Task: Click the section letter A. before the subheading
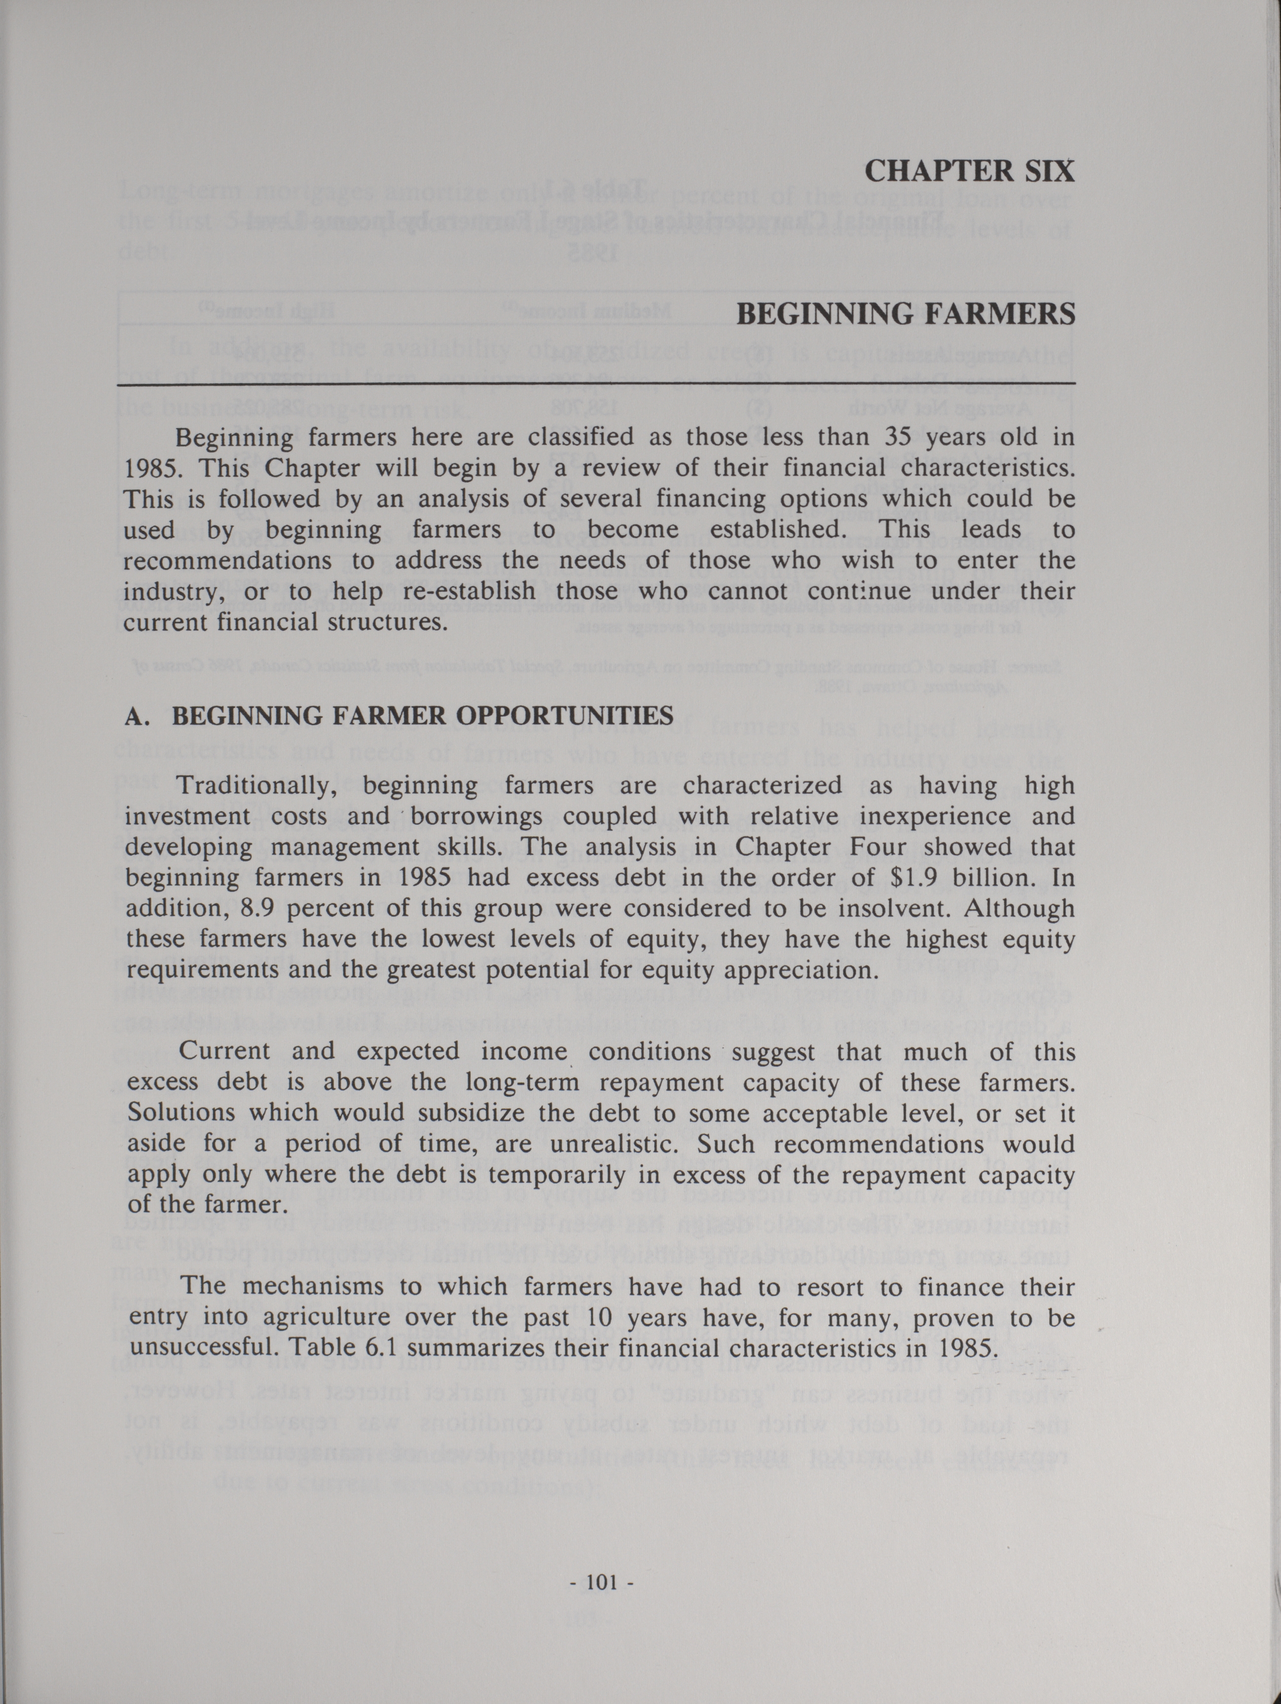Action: [x=136, y=716]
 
